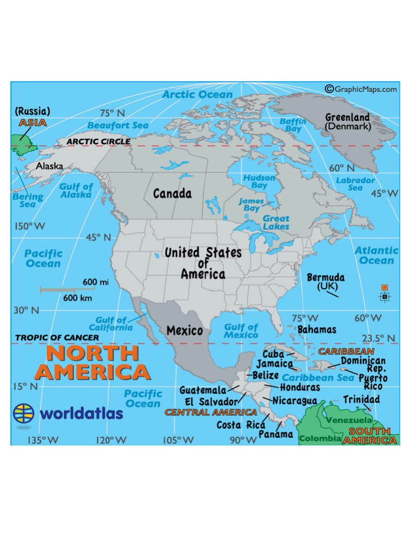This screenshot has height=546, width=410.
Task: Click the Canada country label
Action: tap(172, 194)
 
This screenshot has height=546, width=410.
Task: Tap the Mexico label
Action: tap(185, 331)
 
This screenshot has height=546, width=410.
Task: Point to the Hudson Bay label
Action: tap(259, 181)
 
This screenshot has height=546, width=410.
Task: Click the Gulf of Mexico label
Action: tap(241, 331)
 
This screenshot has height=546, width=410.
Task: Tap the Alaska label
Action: tap(50, 166)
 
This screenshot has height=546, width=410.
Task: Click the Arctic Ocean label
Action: tap(198, 95)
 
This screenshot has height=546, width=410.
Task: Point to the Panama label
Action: tap(276, 435)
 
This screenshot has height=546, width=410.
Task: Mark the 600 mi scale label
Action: tap(96, 282)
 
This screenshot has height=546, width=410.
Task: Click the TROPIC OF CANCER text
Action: tap(57, 338)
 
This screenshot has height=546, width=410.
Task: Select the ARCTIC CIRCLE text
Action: tap(98, 142)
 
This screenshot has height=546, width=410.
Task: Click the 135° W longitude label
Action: tap(43, 440)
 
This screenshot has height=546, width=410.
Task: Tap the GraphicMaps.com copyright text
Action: tap(361, 89)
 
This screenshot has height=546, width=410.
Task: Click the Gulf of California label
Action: tap(111, 324)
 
